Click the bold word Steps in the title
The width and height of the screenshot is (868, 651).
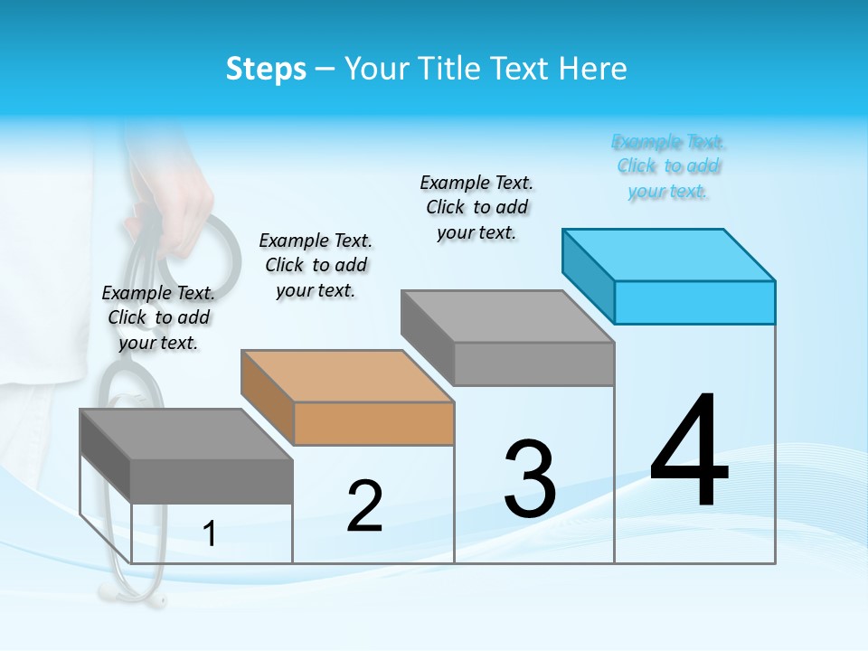click(x=266, y=69)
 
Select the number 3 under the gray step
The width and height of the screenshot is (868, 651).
click(x=530, y=479)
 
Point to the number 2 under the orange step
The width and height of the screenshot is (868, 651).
click(x=364, y=505)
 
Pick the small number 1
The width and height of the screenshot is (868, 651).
click(x=210, y=534)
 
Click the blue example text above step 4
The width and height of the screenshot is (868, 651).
click(x=668, y=166)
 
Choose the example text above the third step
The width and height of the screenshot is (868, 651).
click(x=476, y=207)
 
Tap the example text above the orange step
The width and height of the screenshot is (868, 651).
click(x=316, y=265)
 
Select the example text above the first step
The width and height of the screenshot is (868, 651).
click(x=158, y=317)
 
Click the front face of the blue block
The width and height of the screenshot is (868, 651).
click(x=694, y=302)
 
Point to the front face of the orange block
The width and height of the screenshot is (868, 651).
click(x=374, y=423)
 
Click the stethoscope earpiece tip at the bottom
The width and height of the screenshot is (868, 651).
click(x=159, y=599)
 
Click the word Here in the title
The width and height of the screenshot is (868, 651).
click(x=595, y=69)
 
